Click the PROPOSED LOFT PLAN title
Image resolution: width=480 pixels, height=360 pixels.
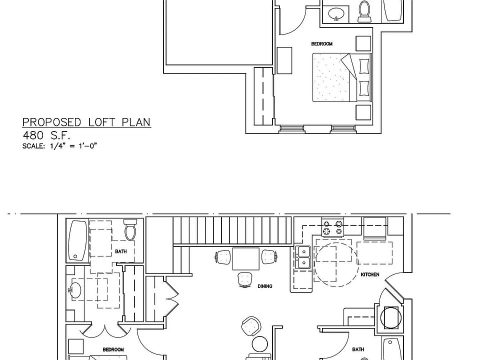(x=86, y=122)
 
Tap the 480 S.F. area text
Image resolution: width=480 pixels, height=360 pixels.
(x=46, y=135)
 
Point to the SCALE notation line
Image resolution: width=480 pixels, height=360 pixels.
(x=59, y=146)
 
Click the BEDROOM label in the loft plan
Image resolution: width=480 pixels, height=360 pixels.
(x=321, y=44)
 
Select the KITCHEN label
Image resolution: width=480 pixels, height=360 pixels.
(x=370, y=274)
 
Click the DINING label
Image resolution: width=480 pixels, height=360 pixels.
(x=265, y=286)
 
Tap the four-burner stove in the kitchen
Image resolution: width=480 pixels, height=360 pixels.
(x=333, y=227)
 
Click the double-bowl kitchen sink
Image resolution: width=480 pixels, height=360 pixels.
(x=303, y=257)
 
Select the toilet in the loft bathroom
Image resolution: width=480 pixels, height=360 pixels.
(x=364, y=11)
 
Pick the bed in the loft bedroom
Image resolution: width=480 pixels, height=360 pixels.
(x=342, y=77)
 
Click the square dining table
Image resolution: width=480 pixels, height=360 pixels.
(x=246, y=259)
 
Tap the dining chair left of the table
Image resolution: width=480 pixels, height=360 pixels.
(x=223, y=257)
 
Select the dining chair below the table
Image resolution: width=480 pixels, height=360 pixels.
(x=245, y=279)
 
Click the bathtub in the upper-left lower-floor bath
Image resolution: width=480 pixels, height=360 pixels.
(x=77, y=240)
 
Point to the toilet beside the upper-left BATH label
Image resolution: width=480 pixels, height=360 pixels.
(x=130, y=229)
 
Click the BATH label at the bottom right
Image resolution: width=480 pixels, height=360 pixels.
(x=358, y=349)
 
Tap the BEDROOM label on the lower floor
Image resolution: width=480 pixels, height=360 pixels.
(x=113, y=349)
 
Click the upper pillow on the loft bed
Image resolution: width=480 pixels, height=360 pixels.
(x=364, y=66)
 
